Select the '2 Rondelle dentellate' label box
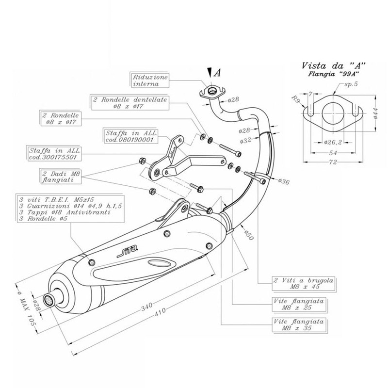[129, 102]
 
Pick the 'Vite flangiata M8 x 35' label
[297, 324]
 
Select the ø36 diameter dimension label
[284, 181]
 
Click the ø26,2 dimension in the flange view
[332, 142]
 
